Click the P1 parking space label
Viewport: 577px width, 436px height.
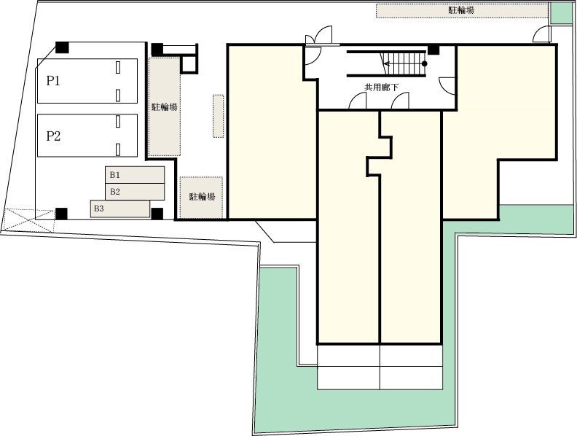(x=53, y=81)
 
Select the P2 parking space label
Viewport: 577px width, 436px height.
(x=53, y=136)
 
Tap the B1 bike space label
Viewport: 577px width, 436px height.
(x=115, y=175)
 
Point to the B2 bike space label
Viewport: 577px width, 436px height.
(x=115, y=192)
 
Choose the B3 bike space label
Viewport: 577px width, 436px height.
(x=98, y=209)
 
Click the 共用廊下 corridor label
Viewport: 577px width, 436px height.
(x=381, y=87)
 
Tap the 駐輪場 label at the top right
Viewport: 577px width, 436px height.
(x=461, y=10)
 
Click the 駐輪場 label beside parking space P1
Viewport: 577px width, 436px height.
(x=165, y=106)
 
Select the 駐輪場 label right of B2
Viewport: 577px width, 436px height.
(x=202, y=197)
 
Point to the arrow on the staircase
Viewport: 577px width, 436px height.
(x=404, y=63)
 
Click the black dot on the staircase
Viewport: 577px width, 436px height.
(x=424, y=63)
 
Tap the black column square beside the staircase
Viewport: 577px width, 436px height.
(x=433, y=49)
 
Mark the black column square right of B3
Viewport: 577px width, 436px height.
(x=157, y=214)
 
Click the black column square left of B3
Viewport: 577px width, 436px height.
(x=61, y=214)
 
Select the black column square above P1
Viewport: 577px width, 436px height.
(x=62, y=47)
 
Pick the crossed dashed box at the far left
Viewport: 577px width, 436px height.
(x=28, y=220)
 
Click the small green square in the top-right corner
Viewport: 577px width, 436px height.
(x=562, y=13)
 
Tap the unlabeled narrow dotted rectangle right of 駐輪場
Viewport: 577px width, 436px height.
(x=219, y=116)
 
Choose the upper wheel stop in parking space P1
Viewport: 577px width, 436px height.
(x=118, y=67)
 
